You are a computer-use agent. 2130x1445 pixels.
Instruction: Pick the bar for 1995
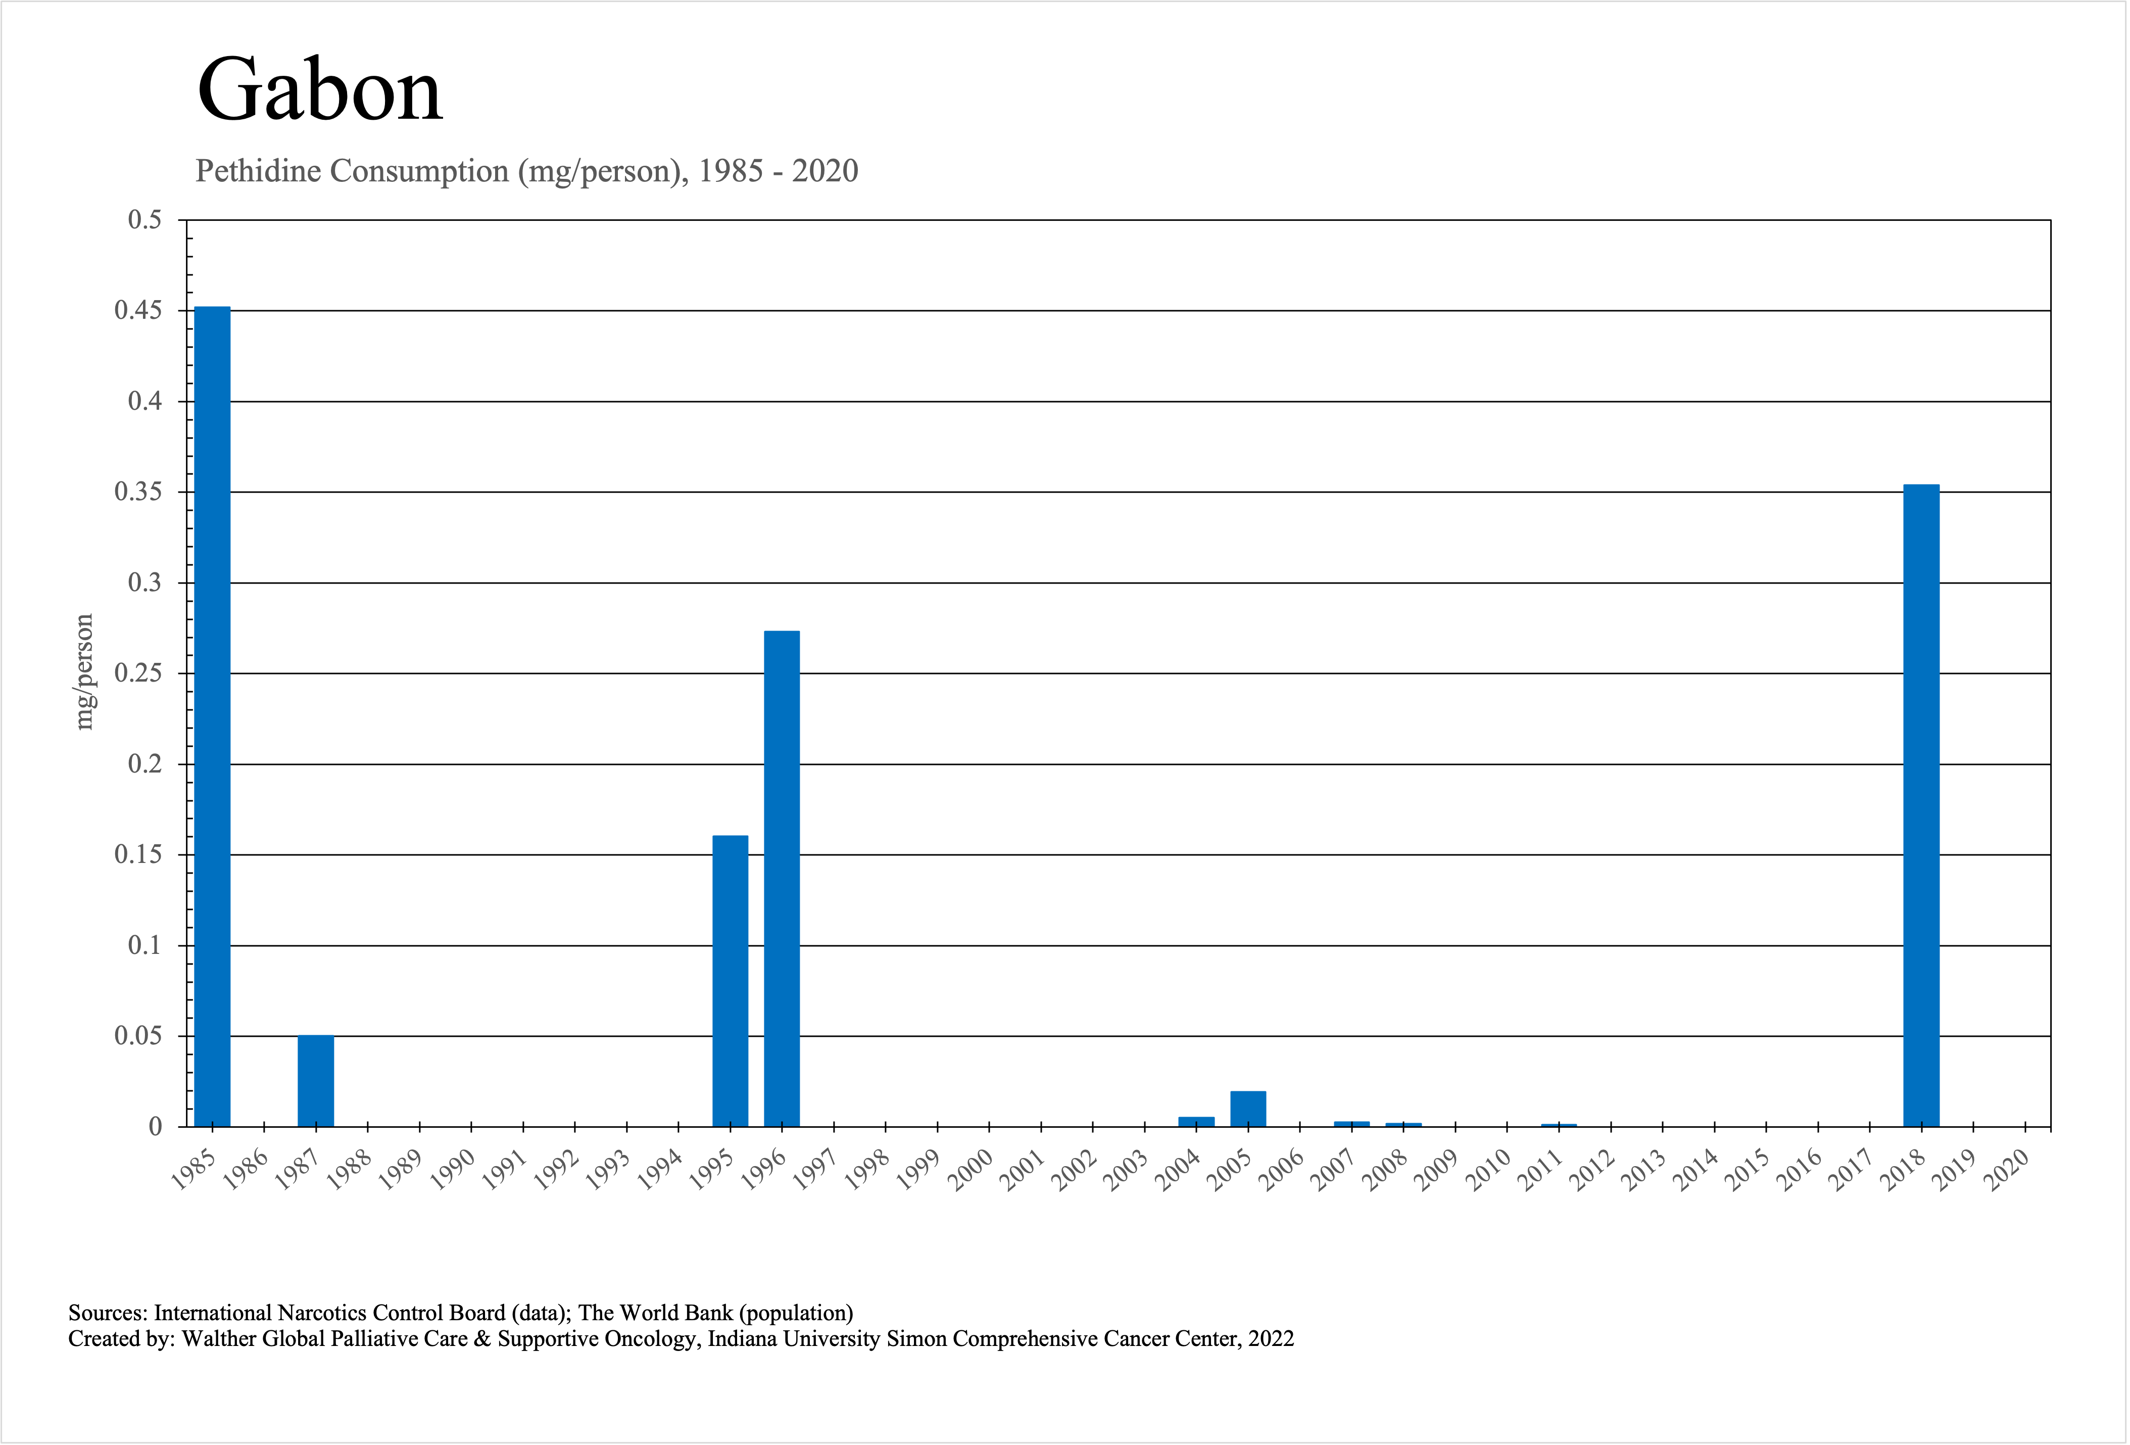(x=731, y=981)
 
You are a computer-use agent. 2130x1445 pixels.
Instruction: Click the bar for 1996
(x=782, y=878)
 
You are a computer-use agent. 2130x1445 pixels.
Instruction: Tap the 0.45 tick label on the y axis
(x=137, y=311)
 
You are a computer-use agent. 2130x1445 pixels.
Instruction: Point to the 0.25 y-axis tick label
(x=137, y=673)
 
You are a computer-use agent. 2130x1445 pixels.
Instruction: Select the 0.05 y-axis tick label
(x=137, y=1036)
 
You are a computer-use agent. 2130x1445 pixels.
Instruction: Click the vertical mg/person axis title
(x=84, y=671)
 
